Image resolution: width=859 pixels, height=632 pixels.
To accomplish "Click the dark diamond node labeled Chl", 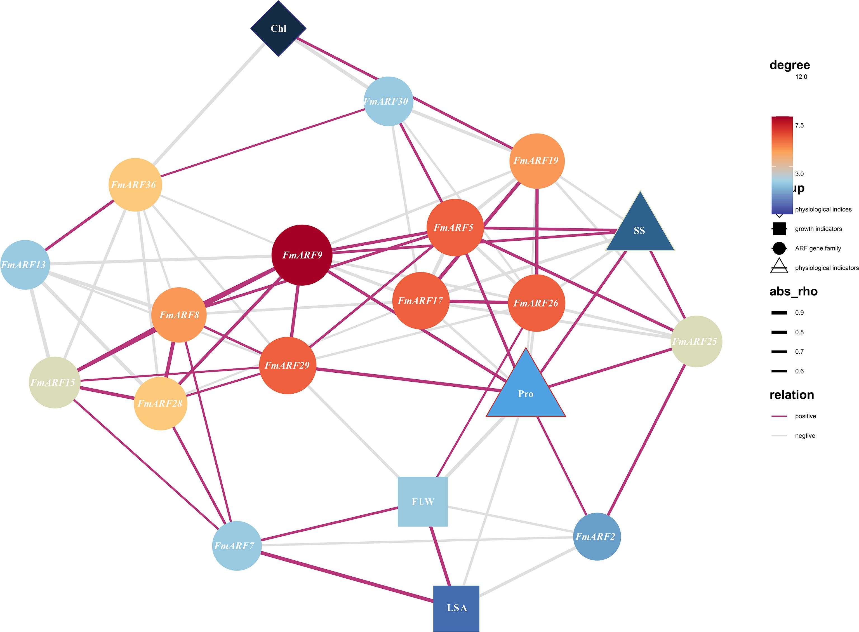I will pyautogui.click(x=278, y=28).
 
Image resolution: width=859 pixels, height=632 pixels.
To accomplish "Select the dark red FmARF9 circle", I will pyautogui.click(x=302, y=255).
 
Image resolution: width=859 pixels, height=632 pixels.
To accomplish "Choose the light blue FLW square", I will pyautogui.click(x=423, y=502).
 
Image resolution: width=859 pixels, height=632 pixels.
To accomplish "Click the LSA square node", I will pyautogui.click(x=456, y=608).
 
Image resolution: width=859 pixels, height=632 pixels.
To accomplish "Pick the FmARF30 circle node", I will pyautogui.click(x=388, y=101).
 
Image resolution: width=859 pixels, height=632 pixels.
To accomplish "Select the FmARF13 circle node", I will pyautogui.click(x=25, y=265).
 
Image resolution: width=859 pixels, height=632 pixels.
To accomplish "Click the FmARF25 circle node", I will pyautogui.click(x=696, y=341).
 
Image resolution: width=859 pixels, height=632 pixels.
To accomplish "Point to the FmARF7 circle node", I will pyautogui.click(x=237, y=546).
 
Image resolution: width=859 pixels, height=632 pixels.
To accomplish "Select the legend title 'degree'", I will pyautogui.click(x=789, y=65).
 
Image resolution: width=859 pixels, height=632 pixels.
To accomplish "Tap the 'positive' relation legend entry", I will pyautogui.click(x=805, y=416).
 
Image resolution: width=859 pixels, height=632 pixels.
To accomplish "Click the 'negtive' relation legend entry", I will pyautogui.click(x=805, y=436).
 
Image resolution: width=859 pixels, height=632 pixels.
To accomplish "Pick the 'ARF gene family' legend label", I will pyautogui.click(x=818, y=248).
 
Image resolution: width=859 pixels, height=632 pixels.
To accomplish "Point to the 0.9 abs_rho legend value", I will pyautogui.click(x=799, y=313).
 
